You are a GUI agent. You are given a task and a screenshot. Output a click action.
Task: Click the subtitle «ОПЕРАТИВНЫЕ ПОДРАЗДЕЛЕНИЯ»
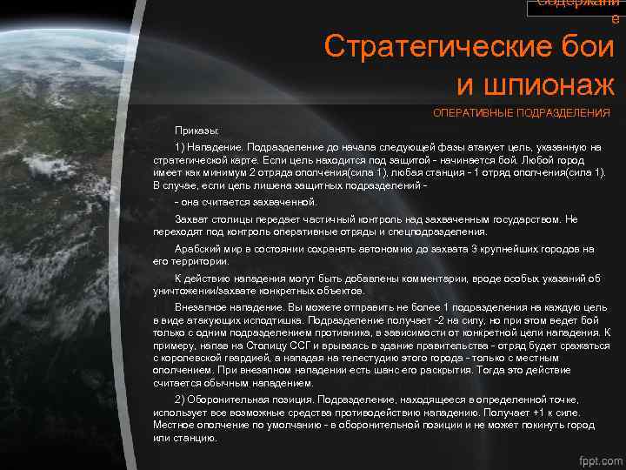(522, 113)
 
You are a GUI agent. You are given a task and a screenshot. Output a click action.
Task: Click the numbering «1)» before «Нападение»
(180, 146)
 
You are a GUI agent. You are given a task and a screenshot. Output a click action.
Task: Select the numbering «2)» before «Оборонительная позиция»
(180, 399)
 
